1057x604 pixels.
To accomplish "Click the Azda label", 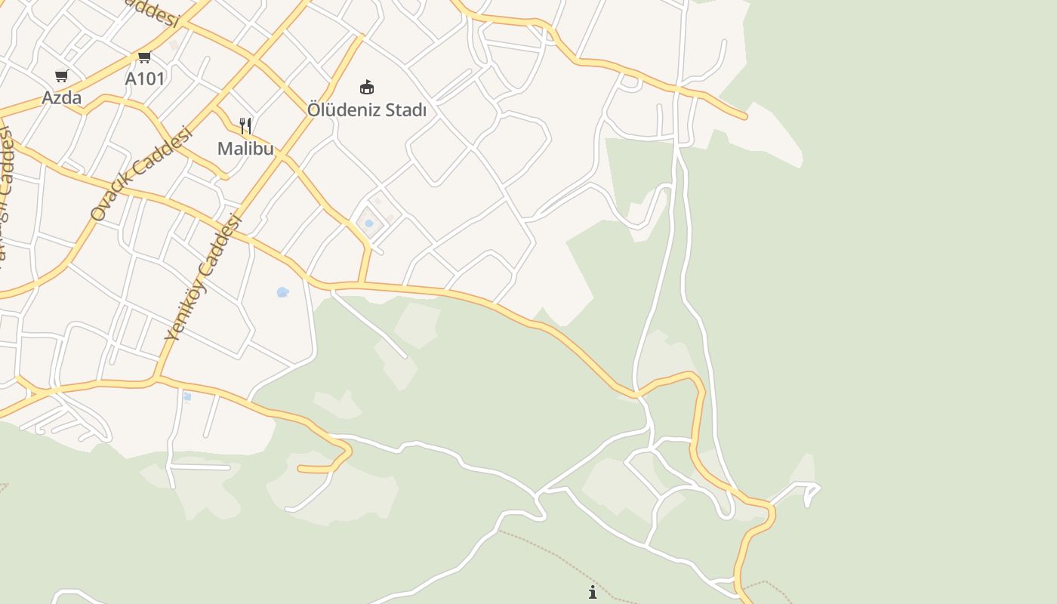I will pyautogui.click(x=61, y=97).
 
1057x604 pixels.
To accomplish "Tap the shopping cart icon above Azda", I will pyautogui.click(x=62, y=75).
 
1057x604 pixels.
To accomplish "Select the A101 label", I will pyautogui.click(x=145, y=79).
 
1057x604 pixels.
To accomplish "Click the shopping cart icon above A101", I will pyautogui.click(x=145, y=57).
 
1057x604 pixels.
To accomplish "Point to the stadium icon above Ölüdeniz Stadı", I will pyautogui.click(x=367, y=88).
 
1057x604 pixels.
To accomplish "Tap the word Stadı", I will pyautogui.click(x=406, y=110).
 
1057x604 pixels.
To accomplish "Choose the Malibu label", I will pyautogui.click(x=245, y=148).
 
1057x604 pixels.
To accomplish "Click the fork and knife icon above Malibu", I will pyautogui.click(x=245, y=125).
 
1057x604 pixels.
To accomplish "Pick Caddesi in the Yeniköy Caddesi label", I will pyautogui.click(x=219, y=249).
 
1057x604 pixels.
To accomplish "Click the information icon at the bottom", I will pyautogui.click(x=593, y=592).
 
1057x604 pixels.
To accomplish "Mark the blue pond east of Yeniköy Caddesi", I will pyautogui.click(x=282, y=292).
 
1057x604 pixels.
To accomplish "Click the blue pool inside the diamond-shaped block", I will pyautogui.click(x=369, y=223).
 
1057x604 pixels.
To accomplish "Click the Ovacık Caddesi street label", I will pyautogui.click(x=141, y=173).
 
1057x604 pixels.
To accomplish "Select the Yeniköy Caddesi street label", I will pyautogui.click(x=202, y=278).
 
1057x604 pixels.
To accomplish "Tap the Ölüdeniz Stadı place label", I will pyautogui.click(x=367, y=110).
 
